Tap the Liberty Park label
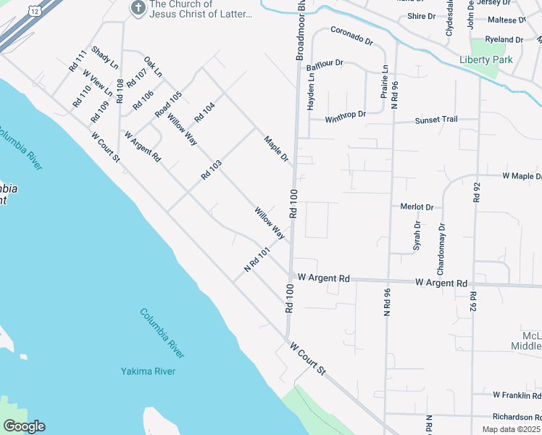[x=485, y=59]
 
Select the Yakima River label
[x=148, y=372]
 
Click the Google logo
[x=24, y=427]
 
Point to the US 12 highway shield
[x=33, y=9]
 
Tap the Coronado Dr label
[x=351, y=36]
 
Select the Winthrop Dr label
[x=345, y=115]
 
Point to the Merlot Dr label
[x=417, y=207]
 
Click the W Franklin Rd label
[x=517, y=395]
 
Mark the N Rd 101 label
[x=257, y=260]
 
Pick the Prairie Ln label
[x=385, y=81]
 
